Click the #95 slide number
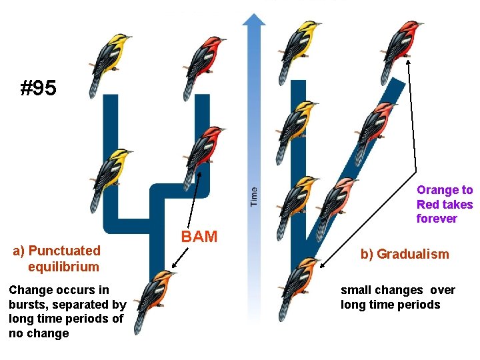click(x=39, y=87)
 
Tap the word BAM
click(x=199, y=236)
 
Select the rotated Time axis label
click(x=253, y=195)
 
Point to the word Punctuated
click(x=65, y=251)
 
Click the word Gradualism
click(x=413, y=254)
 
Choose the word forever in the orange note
click(x=437, y=219)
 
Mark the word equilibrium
click(x=63, y=267)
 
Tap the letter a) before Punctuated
click(x=19, y=251)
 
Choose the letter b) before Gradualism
click(x=367, y=254)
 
